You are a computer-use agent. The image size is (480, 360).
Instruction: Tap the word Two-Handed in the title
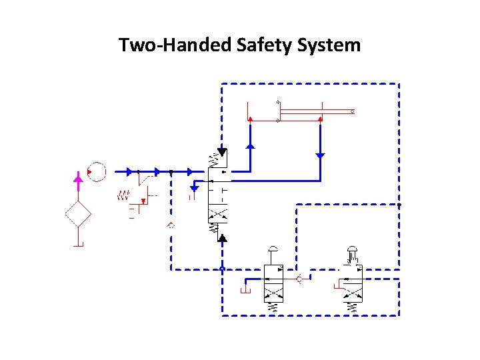175,45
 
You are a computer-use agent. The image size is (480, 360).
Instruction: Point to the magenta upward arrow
78,179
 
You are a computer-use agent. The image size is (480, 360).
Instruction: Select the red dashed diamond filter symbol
78,214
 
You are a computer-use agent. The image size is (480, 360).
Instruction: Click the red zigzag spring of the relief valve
123,195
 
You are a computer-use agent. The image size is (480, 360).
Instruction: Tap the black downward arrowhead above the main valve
222,153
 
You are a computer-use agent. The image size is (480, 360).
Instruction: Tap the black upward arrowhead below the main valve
223,237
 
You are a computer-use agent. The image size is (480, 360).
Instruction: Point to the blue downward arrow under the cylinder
320,155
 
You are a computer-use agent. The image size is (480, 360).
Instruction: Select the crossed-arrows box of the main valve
218,215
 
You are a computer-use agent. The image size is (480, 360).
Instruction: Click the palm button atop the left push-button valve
273,249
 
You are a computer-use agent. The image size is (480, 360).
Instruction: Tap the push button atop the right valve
351,252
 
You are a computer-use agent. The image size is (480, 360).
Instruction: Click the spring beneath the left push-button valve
273,307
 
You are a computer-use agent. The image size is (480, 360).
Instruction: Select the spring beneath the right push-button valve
351,307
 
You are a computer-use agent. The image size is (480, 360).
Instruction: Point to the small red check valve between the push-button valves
301,278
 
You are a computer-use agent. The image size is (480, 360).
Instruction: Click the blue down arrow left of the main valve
194,189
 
